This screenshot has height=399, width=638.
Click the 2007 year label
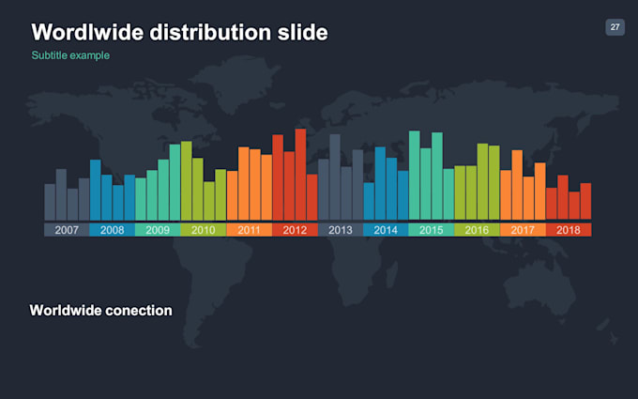[x=67, y=230]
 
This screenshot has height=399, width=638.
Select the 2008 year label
[x=112, y=230]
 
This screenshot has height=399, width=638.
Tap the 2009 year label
[x=158, y=230]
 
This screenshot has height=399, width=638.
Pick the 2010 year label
[x=203, y=230]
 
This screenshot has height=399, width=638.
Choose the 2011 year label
[x=249, y=230]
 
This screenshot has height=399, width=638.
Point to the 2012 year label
[x=295, y=230]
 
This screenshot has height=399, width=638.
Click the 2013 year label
[x=340, y=230]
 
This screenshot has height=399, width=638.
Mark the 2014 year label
[x=386, y=230]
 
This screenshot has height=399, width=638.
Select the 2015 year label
[x=432, y=230]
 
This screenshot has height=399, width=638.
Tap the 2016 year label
[x=477, y=230]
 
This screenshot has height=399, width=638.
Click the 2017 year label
[x=523, y=230]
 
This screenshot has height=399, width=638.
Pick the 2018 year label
[x=568, y=230]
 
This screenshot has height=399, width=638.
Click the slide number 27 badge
[x=615, y=27]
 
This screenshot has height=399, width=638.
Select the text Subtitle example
[x=70, y=55]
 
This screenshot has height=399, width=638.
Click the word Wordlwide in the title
[x=89, y=33]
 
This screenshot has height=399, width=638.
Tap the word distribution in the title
[x=219, y=33]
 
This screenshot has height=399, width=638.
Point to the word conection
[x=140, y=310]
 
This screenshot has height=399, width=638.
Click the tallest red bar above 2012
[x=300, y=174]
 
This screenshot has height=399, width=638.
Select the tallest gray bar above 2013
[x=335, y=176]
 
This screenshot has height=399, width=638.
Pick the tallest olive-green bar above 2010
[x=186, y=180]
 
